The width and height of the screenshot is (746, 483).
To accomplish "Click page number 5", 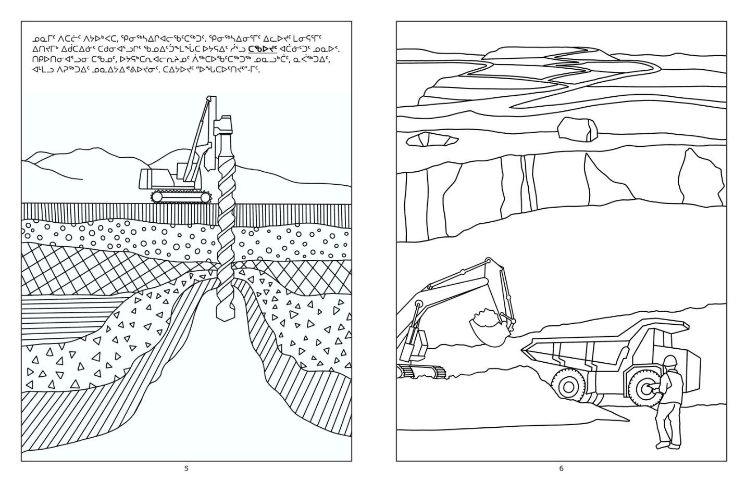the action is (x=186, y=468).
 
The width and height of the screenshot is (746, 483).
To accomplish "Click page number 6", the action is (x=561, y=468).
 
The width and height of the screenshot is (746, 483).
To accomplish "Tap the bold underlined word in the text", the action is (x=263, y=49).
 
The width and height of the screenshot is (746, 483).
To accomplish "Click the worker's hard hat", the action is (x=670, y=361).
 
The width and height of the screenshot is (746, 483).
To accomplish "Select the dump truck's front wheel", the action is (x=568, y=387).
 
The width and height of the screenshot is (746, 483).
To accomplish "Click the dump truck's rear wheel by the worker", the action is (x=644, y=388).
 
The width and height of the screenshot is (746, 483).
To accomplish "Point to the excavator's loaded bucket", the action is (x=489, y=328).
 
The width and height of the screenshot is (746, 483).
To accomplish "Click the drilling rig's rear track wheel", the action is (x=157, y=197).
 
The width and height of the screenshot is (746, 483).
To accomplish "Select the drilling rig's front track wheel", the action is (x=206, y=198).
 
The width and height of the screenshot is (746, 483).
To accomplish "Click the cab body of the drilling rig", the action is (x=156, y=178).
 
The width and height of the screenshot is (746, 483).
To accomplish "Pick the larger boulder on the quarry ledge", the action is (x=577, y=129).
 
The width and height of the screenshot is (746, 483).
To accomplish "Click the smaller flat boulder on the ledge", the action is (x=432, y=139).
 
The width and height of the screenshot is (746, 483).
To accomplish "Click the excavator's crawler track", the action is (x=421, y=372).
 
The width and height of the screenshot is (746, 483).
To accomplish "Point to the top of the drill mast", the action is (x=210, y=99).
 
